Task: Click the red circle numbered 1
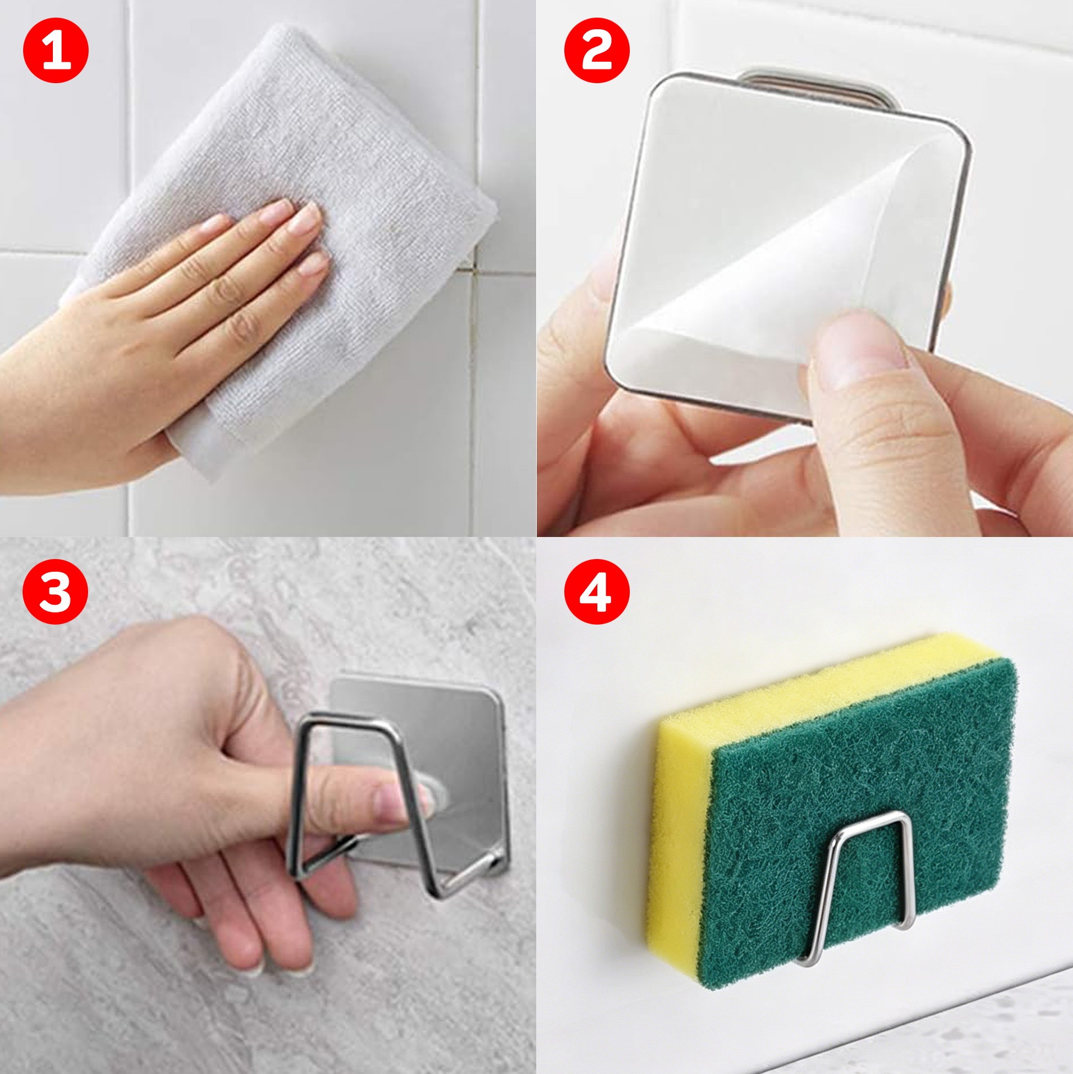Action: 56,50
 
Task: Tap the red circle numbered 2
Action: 597,50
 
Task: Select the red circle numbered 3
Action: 56,591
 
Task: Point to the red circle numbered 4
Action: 597,592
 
